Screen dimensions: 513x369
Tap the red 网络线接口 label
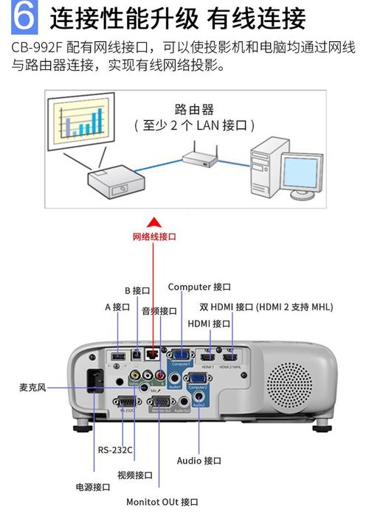pos(154,237)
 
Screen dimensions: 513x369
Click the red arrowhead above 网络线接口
pos(154,221)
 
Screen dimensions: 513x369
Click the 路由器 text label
pos(194,109)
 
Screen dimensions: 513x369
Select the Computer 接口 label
pos(199,286)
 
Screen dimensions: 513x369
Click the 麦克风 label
pos(32,386)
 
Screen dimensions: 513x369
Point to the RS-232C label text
pos(115,450)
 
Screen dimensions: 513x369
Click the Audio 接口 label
pos(199,460)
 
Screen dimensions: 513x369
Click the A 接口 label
pos(117,306)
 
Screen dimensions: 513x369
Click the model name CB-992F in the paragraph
pos(37,47)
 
